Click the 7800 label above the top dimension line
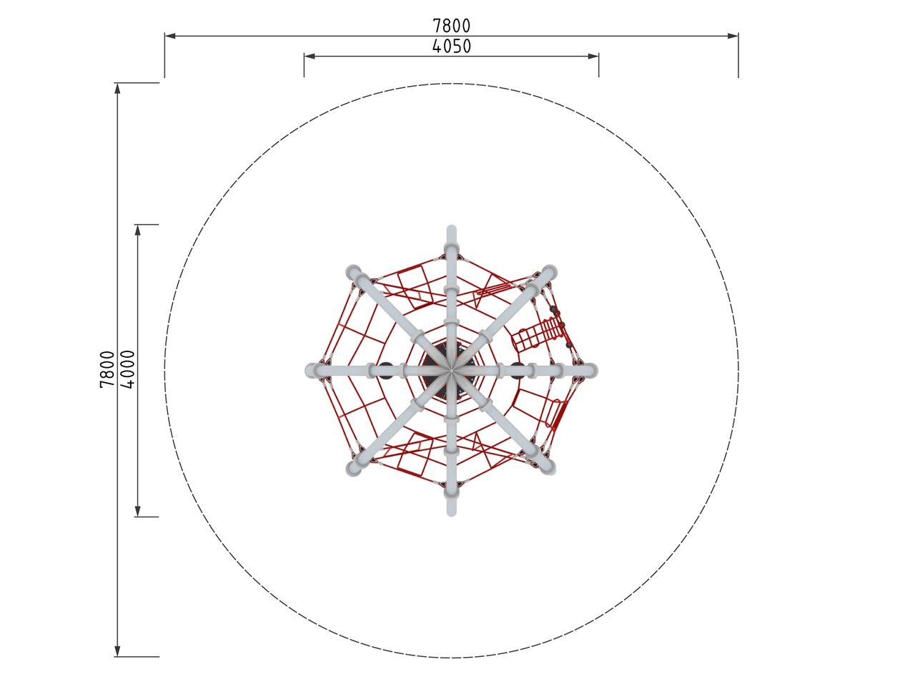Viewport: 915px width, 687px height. (x=452, y=26)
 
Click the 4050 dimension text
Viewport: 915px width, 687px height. (x=452, y=47)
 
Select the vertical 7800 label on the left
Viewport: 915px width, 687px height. (x=107, y=369)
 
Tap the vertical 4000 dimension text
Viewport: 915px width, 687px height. (x=128, y=369)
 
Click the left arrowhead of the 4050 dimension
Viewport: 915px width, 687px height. (x=310, y=56)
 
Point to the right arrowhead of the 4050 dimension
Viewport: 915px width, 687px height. (x=593, y=56)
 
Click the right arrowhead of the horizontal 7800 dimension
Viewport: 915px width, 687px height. (x=733, y=36)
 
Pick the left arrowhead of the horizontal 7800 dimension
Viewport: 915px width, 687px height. (x=170, y=36)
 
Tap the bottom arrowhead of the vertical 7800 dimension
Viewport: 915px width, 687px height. (x=117, y=651)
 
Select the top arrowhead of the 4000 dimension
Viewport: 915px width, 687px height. (x=138, y=230)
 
